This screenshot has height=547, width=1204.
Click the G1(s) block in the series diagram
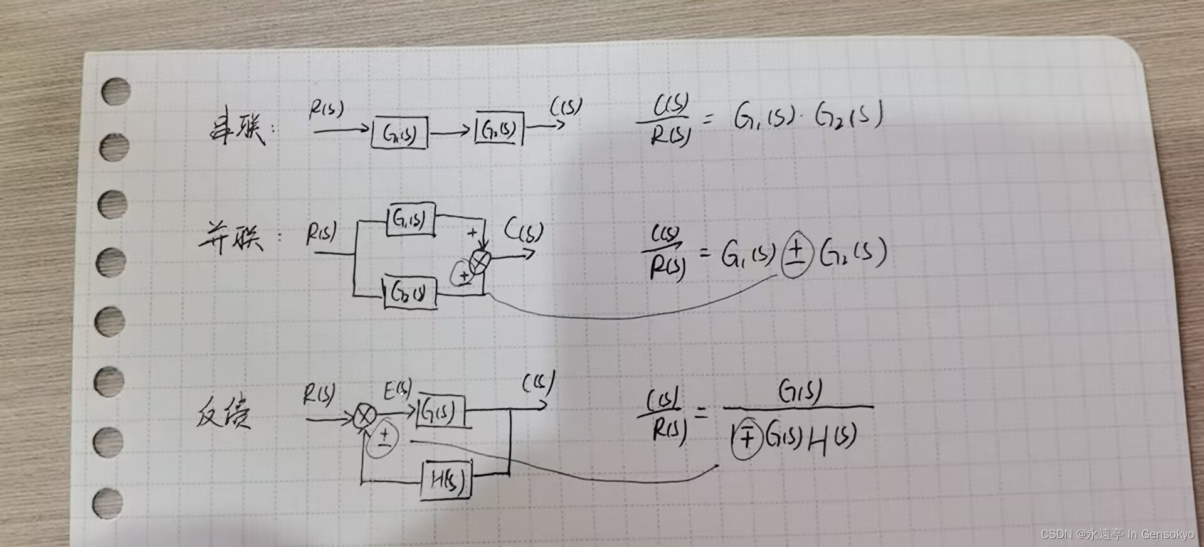pos(399,133)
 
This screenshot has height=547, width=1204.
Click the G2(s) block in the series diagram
pos(499,130)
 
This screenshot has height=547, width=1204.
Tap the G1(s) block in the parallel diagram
pos(411,220)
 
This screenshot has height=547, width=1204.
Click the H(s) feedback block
pos(446,481)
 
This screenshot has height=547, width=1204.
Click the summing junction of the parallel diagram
pos(481,260)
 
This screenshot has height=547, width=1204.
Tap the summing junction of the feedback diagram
pos(364,417)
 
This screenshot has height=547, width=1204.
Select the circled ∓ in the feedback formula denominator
pos(746,438)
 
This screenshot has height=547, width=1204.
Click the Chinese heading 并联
pos(231,238)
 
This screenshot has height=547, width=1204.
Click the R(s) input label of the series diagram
pos(326,110)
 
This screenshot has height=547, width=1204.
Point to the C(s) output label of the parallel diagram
pos(524,232)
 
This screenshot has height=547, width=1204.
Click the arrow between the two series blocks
pos(450,132)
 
